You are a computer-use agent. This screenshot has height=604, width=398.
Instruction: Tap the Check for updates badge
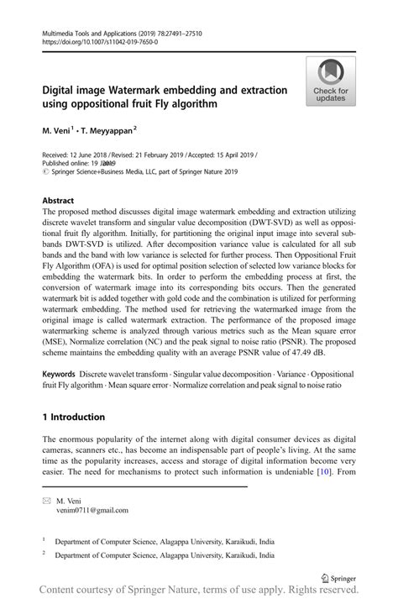pos(330,81)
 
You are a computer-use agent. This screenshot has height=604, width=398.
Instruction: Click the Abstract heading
pos(58,202)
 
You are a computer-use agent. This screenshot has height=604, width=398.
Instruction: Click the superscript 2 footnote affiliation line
pos(165,555)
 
